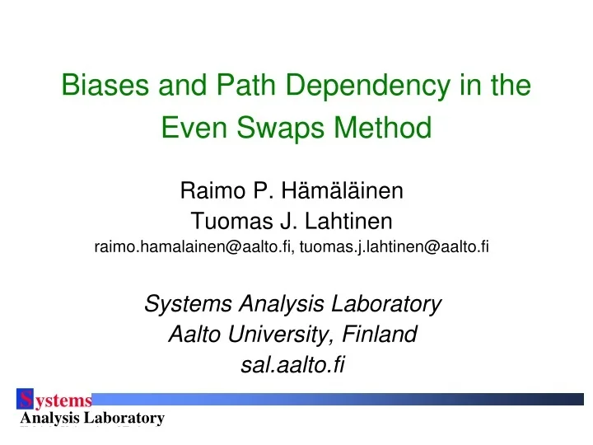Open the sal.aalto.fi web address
tap(292, 363)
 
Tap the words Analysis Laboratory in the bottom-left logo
tap(91, 419)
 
